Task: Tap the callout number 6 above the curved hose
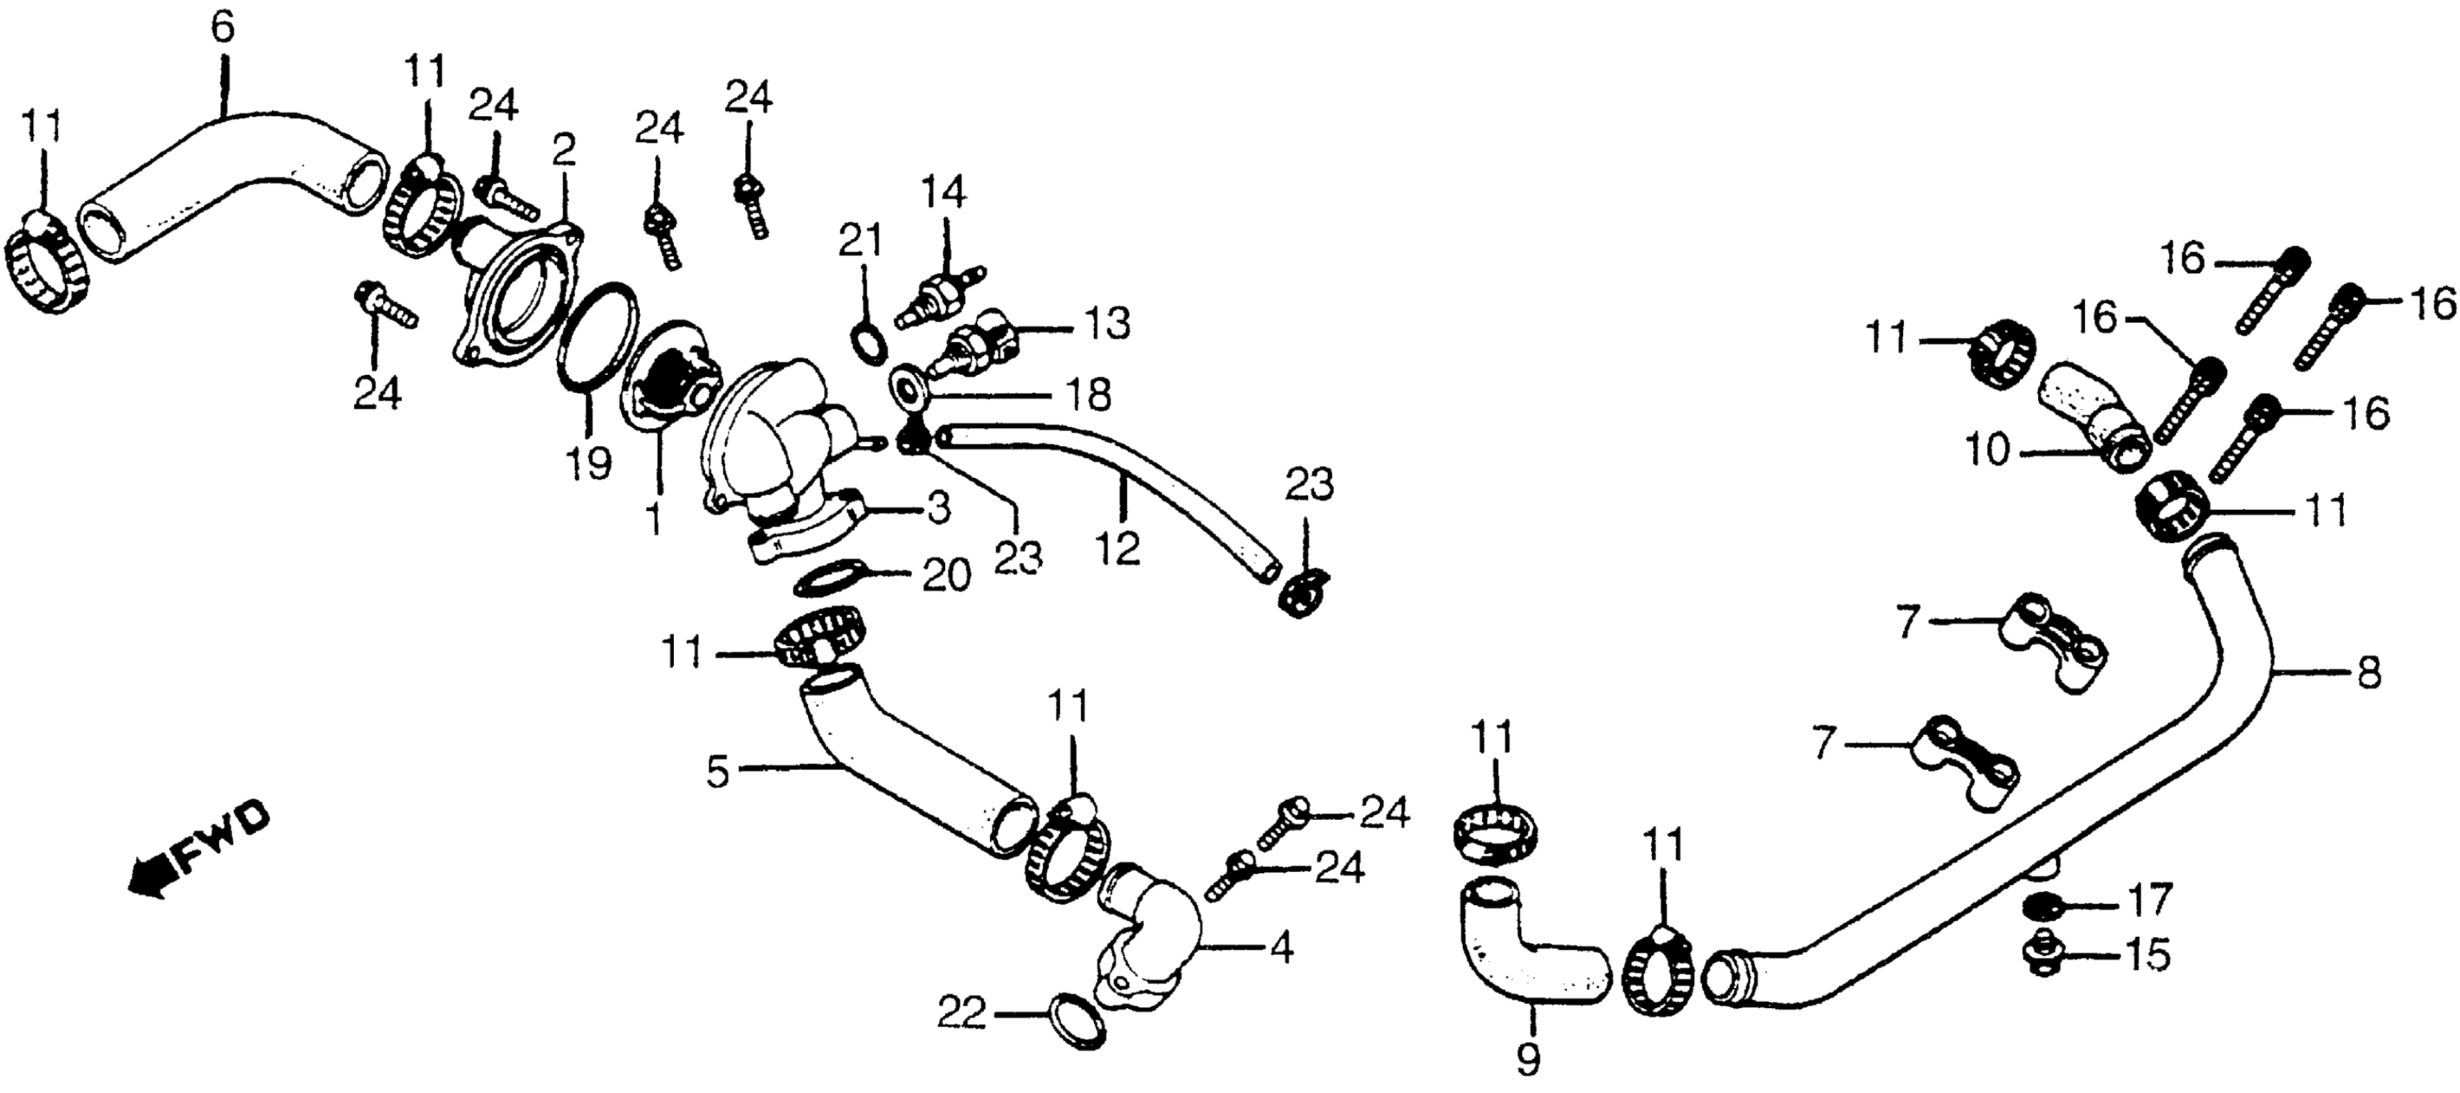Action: point(222,30)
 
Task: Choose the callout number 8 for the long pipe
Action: point(2369,674)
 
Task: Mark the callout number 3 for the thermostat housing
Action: point(938,509)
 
